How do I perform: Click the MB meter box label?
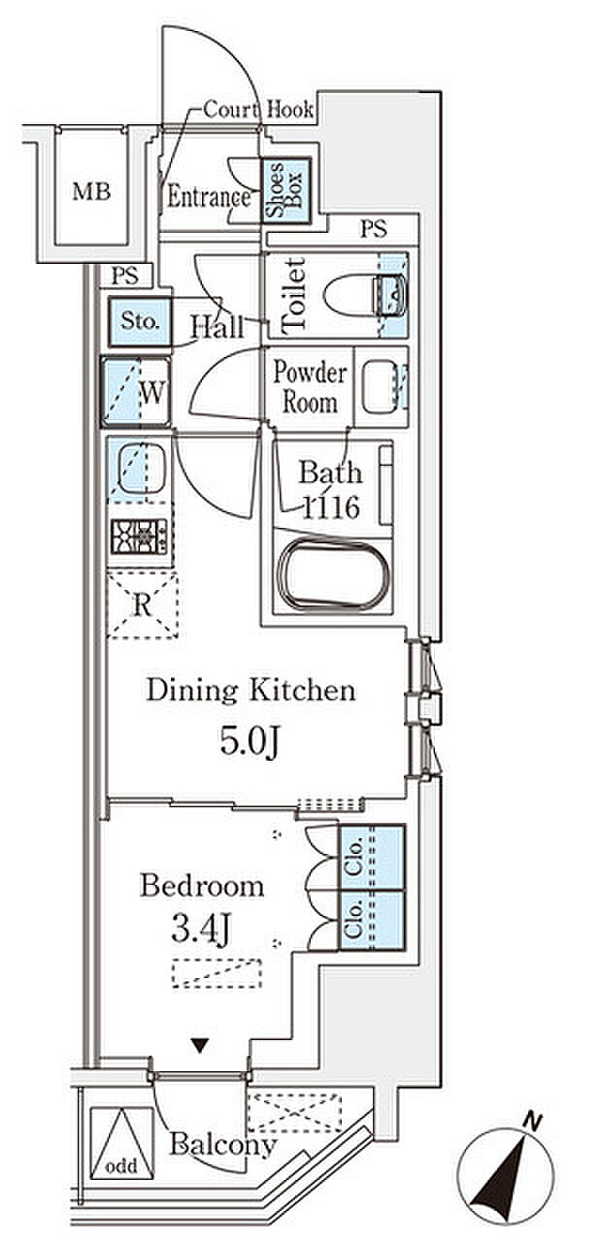coord(91,192)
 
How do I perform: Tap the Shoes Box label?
coord(285,190)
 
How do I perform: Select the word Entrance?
coord(209,197)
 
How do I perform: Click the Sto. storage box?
coord(140,321)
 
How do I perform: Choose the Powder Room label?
coord(310,387)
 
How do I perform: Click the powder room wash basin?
coord(380,387)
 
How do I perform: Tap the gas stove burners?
coord(139,537)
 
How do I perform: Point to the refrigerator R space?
coord(143,605)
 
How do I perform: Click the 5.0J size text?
coord(249,740)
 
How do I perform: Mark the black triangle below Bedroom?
coord(200,1045)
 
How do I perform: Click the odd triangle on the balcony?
coord(121,1143)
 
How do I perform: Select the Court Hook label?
coord(258,110)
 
